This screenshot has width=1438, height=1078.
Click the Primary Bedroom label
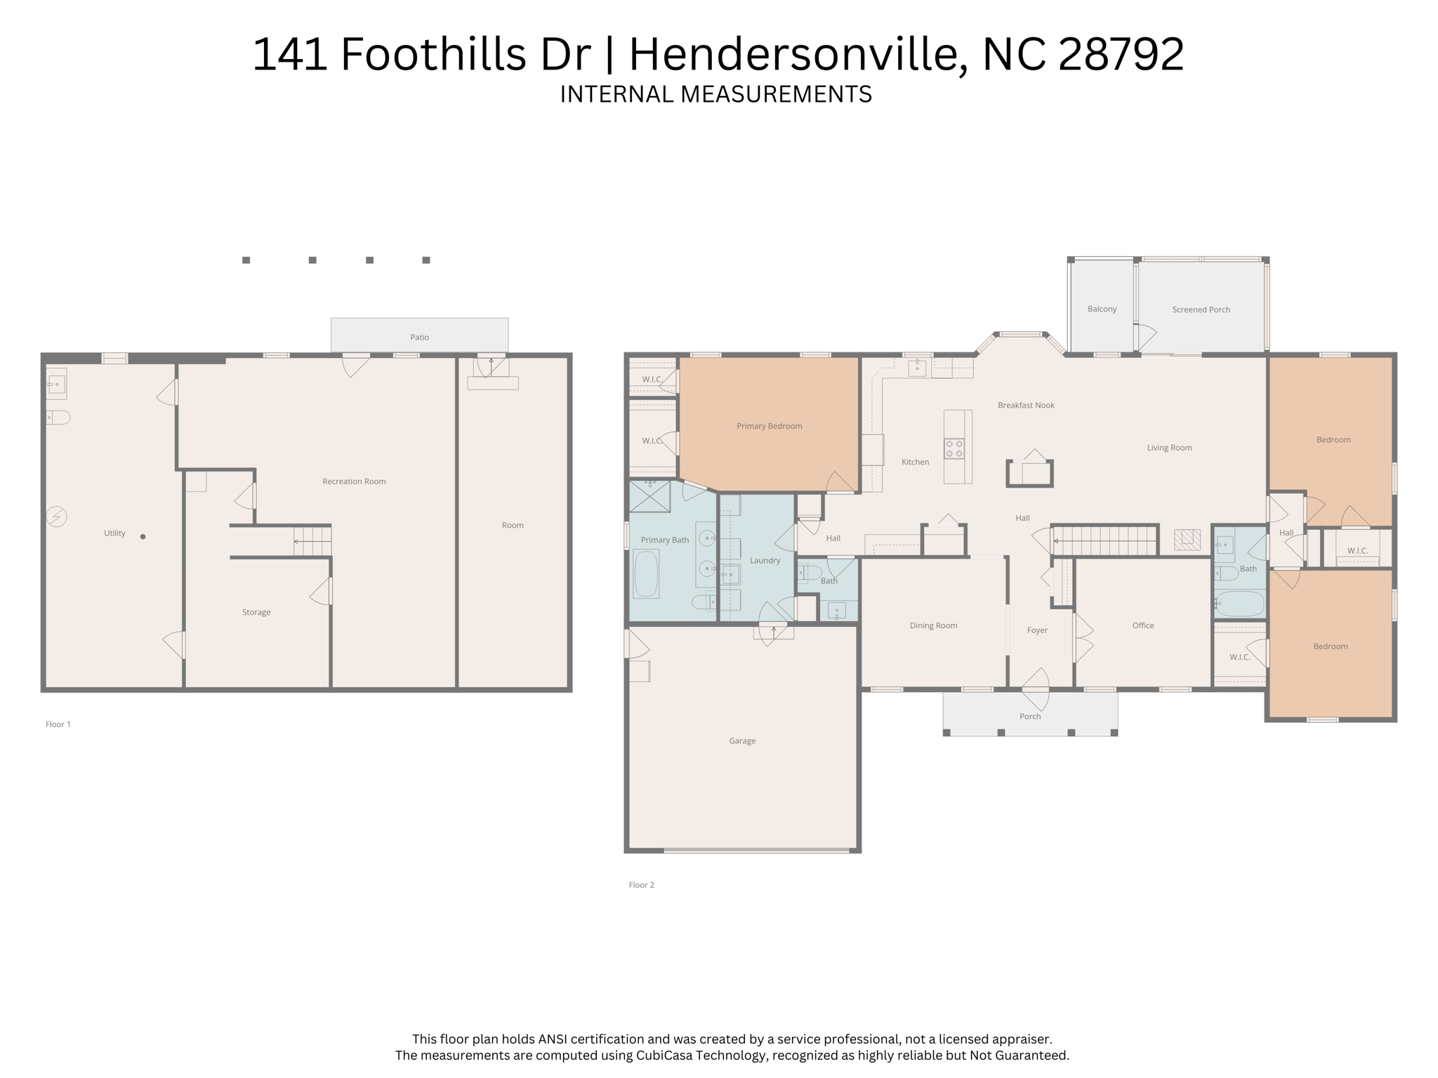(x=769, y=426)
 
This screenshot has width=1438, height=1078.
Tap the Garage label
(x=742, y=740)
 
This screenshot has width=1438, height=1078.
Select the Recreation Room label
(x=354, y=481)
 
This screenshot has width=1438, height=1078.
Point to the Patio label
(x=419, y=337)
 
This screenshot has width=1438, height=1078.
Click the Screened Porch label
(x=1201, y=310)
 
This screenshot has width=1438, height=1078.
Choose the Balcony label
(x=1102, y=309)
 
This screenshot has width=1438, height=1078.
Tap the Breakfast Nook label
(x=1026, y=405)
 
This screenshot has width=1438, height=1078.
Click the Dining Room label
(x=933, y=625)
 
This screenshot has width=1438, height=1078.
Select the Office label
(x=1143, y=625)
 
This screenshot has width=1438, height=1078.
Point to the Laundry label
(x=765, y=560)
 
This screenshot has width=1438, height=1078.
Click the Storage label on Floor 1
(x=256, y=612)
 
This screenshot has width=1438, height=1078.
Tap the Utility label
(x=114, y=533)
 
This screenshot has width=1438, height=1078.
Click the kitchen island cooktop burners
(x=954, y=448)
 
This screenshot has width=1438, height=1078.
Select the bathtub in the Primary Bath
(x=646, y=573)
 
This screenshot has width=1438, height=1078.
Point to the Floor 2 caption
(x=641, y=885)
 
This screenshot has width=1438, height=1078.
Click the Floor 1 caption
(x=58, y=724)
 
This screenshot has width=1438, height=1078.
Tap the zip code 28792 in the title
(x=1121, y=54)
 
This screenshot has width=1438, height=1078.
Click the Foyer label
(x=1037, y=630)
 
